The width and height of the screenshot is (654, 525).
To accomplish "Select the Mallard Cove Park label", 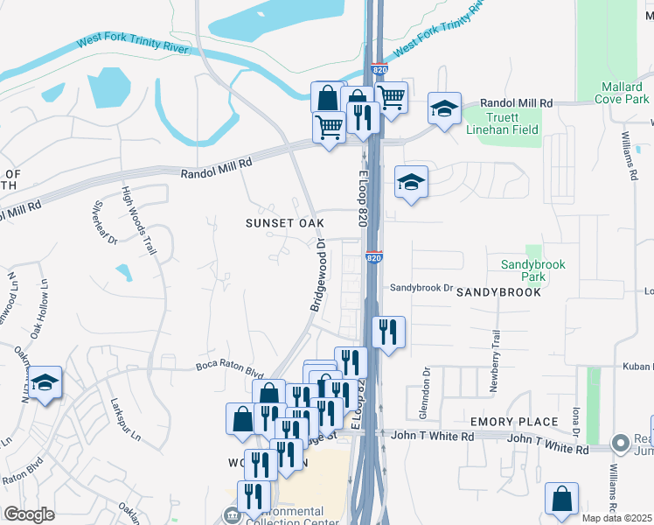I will click(x=624, y=93).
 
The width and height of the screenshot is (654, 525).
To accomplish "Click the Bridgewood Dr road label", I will click(x=317, y=275).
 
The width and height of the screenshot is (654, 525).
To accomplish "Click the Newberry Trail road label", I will click(x=495, y=348).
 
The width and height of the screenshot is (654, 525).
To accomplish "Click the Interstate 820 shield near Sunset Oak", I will click(x=374, y=258).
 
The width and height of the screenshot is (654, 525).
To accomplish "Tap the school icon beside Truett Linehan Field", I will click(x=444, y=108).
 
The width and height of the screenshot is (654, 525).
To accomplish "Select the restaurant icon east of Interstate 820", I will click(x=388, y=332).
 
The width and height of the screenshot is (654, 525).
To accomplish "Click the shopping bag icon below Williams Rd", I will click(x=560, y=498).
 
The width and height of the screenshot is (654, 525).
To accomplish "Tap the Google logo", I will click(x=30, y=514).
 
